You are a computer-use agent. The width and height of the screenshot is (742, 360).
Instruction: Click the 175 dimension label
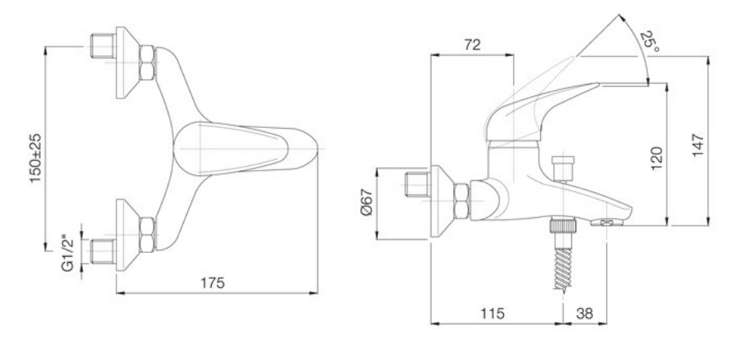tap(213, 283)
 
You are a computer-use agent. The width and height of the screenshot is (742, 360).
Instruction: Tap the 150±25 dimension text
tap(36, 158)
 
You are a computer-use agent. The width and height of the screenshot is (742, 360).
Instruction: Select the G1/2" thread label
tap(68, 253)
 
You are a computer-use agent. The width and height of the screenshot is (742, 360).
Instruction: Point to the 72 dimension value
tap(472, 44)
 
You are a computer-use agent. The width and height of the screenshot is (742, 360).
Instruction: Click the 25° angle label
tap(650, 42)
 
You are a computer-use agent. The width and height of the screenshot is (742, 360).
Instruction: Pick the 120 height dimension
tap(657, 158)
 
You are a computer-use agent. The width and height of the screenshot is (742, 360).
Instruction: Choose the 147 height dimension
tap(698, 145)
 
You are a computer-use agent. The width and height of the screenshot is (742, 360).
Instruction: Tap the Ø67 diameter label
tap(367, 202)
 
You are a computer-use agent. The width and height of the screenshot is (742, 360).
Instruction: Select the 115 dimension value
tap(493, 313)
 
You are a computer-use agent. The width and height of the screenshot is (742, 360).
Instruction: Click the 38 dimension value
tap(584, 313)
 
